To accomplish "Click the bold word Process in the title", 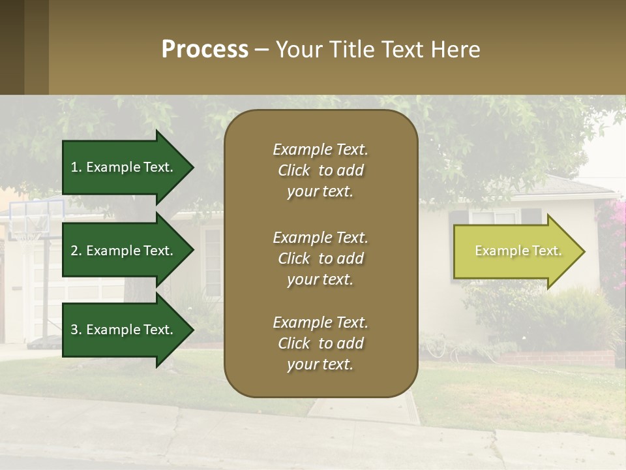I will (x=205, y=50).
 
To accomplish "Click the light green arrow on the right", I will (x=518, y=251).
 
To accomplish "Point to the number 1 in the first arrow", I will (x=75, y=167).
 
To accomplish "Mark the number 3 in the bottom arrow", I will (x=75, y=330).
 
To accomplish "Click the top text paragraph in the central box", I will (x=320, y=170).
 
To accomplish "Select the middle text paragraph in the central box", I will (x=320, y=258).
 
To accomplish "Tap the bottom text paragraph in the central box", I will (x=320, y=343).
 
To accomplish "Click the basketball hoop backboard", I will (x=37, y=216).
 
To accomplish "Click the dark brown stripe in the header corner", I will (x=12, y=47).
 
